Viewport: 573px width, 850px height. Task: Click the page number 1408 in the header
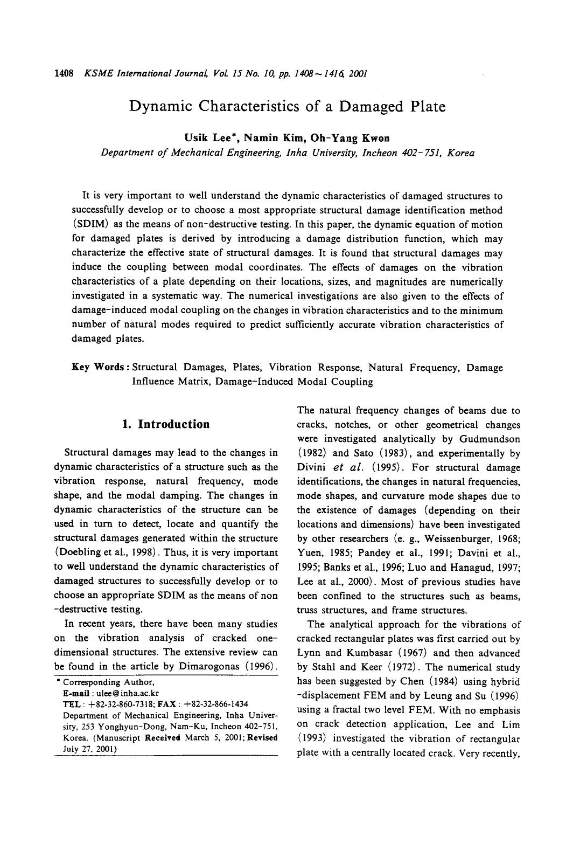click(64, 73)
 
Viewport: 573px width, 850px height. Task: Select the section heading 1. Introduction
click(166, 424)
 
